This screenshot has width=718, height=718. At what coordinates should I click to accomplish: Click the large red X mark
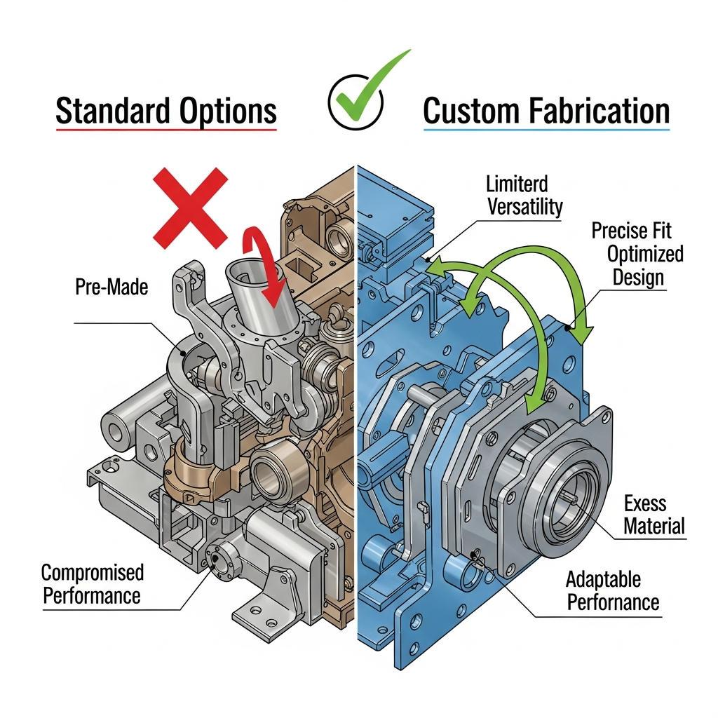(190, 208)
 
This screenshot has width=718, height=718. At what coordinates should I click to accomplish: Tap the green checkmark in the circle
(363, 92)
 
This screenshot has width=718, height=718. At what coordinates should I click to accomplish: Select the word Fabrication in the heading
(600, 111)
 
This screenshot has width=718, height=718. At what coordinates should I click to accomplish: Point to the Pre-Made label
(111, 287)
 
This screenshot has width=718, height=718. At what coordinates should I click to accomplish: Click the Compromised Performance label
(93, 584)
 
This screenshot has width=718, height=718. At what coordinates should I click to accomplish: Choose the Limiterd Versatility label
(524, 196)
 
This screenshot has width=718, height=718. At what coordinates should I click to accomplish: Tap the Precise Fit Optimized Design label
(637, 254)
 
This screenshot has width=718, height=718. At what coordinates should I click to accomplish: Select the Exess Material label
(654, 515)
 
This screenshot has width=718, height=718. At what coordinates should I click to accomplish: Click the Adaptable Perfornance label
(613, 591)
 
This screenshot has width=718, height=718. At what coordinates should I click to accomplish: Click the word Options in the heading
(228, 111)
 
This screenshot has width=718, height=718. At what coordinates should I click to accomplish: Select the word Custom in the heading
(472, 111)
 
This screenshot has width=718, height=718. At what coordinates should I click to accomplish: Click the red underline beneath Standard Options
(166, 130)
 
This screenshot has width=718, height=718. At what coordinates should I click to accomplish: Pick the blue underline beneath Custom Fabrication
(547, 130)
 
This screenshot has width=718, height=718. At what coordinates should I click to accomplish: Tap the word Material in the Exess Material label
(654, 526)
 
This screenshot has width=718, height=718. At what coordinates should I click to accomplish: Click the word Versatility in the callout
(525, 207)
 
